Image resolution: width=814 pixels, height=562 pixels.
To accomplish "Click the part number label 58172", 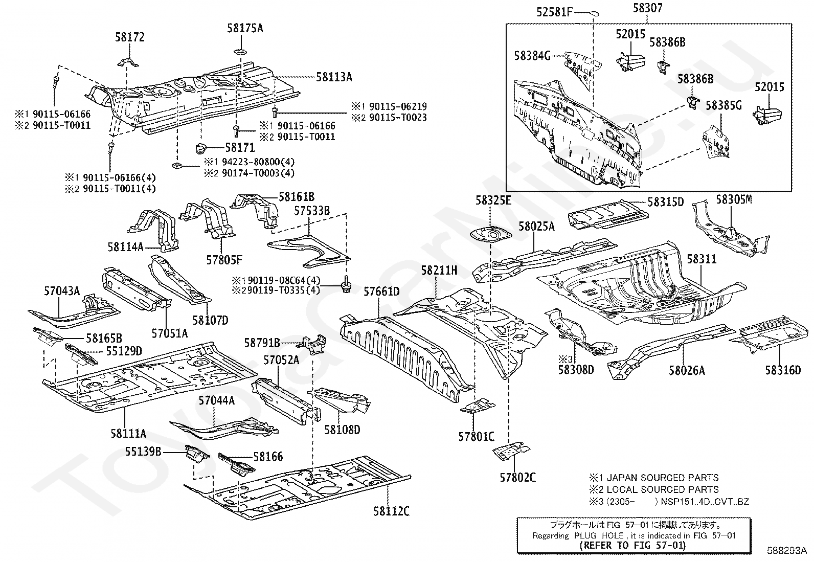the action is pyautogui.click(x=130, y=37).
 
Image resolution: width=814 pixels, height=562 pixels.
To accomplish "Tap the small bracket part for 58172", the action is pyautogui.click(x=128, y=62).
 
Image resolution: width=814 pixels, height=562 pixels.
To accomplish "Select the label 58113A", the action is pyautogui.click(x=334, y=77).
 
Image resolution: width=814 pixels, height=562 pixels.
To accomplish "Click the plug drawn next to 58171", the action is pyautogui.click(x=200, y=149).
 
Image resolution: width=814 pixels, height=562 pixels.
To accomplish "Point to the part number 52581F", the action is pyautogui.click(x=554, y=12).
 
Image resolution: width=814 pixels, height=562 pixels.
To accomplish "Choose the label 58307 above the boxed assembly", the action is pyautogui.click(x=647, y=8).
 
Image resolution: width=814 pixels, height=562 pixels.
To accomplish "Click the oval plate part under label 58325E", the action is pyautogui.click(x=489, y=235).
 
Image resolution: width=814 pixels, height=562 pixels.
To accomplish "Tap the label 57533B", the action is pyautogui.click(x=312, y=211).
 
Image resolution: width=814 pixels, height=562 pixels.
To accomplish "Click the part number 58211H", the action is pyautogui.click(x=439, y=271).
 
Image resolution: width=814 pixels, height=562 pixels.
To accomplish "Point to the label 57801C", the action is pyautogui.click(x=476, y=436).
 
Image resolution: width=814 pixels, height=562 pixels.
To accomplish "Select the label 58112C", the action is pyautogui.click(x=391, y=511).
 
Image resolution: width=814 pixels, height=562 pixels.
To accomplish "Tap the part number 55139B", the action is pyautogui.click(x=143, y=452).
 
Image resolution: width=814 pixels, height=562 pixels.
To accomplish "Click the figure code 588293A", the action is pyautogui.click(x=787, y=550).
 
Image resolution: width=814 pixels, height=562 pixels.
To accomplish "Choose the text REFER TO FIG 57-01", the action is pyautogui.click(x=632, y=545).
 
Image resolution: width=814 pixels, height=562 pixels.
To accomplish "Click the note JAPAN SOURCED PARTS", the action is pyautogui.click(x=663, y=478).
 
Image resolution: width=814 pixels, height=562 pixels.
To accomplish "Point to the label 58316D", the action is pyautogui.click(x=783, y=370).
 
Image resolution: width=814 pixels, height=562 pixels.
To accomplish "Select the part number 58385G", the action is pyautogui.click(x=723, y=105).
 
